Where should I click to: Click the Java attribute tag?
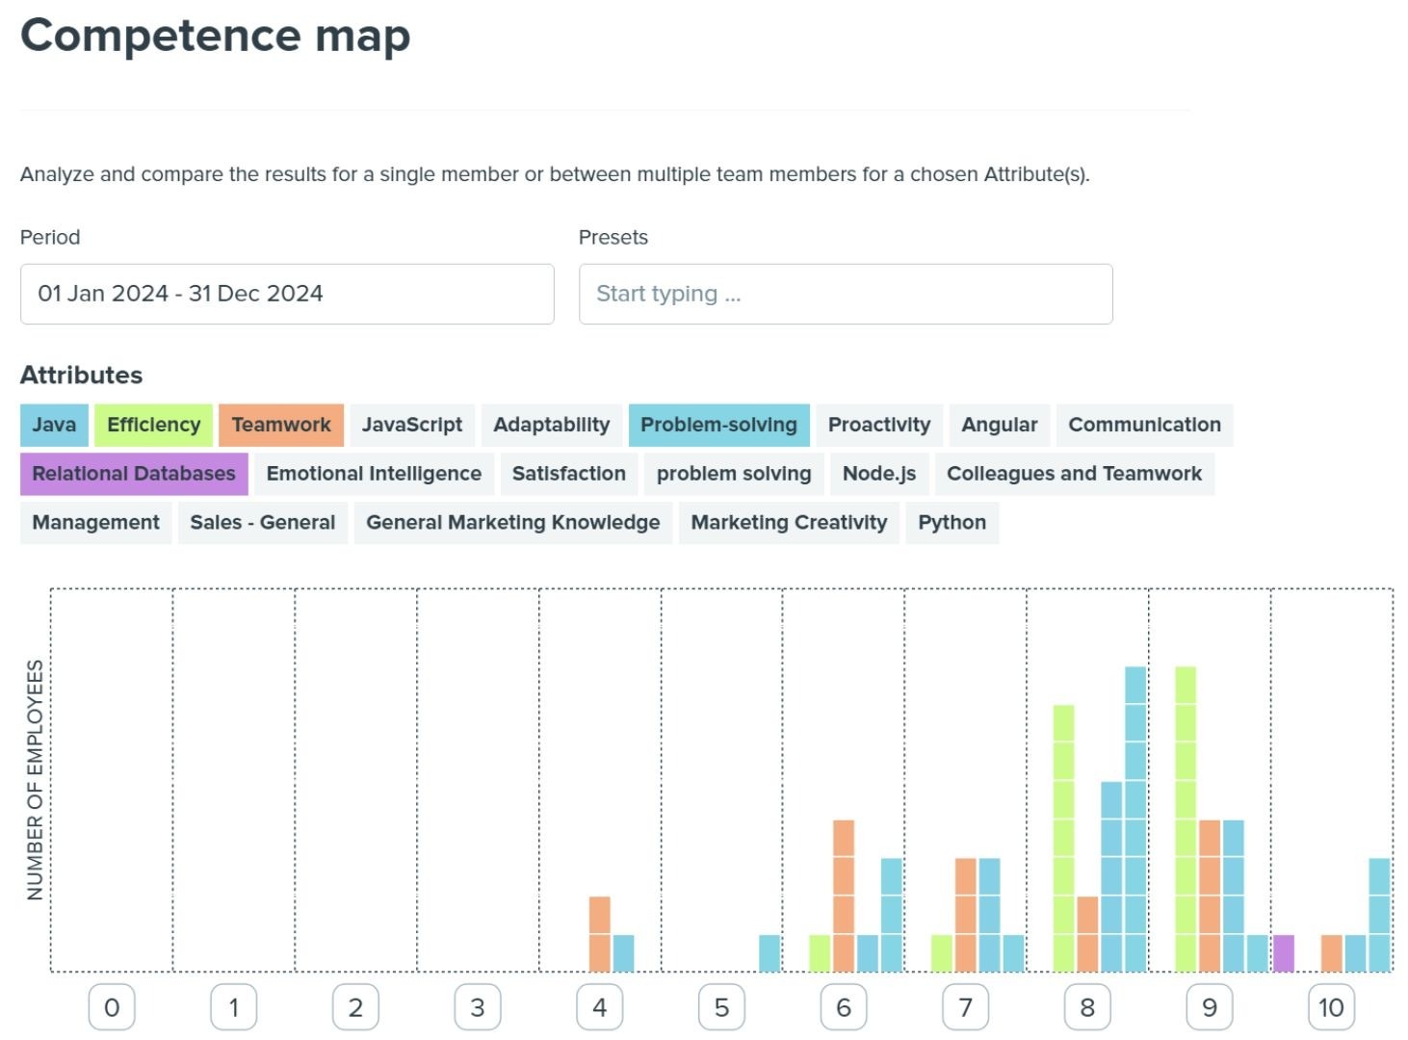click(x=54, y=425)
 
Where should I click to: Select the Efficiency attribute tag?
click(x=153, y=425)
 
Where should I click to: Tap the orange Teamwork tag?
click(x=280, y=425)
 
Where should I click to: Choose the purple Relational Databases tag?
click(x=134, y=474)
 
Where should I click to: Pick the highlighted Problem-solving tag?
click(x=718, y=425)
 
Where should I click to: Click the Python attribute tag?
click(x=952, y=523)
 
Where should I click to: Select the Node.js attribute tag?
click(x=878, y=474)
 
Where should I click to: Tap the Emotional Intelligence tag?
click(x=374, y=474)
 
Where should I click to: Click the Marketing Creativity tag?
click(x=789, y=523)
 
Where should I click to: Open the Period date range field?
click(x=287, y=294)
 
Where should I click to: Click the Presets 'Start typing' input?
click(x=846, y=294)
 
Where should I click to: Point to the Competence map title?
click(x=216, y=36)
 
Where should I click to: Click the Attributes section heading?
click(x=82, y=375)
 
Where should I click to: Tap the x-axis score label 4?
click(x=599, y=1007)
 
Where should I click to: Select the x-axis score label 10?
click(x=1331, y=1007)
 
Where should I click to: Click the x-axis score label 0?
click(x=112, y=1007)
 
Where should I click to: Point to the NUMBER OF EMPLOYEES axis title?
click(x=36, y=780)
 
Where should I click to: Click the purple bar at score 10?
click(x=1284, y=952)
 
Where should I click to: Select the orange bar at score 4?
click(x=599, y=933)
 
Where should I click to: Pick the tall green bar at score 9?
click(x=1186, y=819)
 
